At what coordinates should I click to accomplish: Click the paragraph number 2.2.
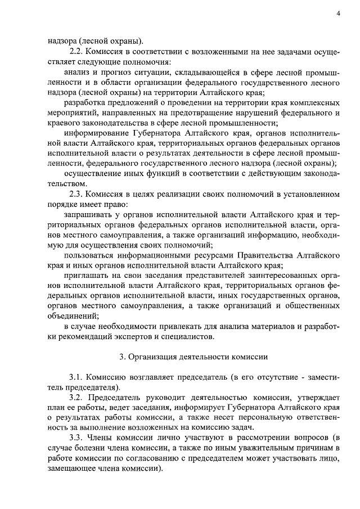[75, 51]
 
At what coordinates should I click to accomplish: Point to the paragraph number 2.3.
[75, 194]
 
